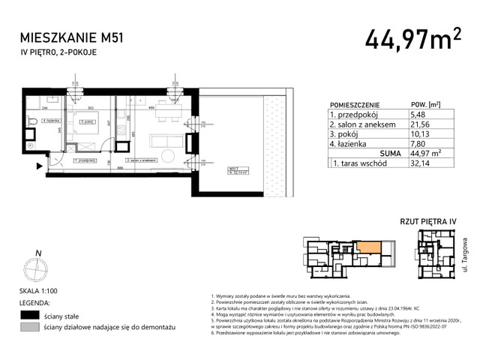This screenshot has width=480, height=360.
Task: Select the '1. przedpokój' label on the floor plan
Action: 85,160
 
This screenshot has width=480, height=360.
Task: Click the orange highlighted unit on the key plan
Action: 369,245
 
